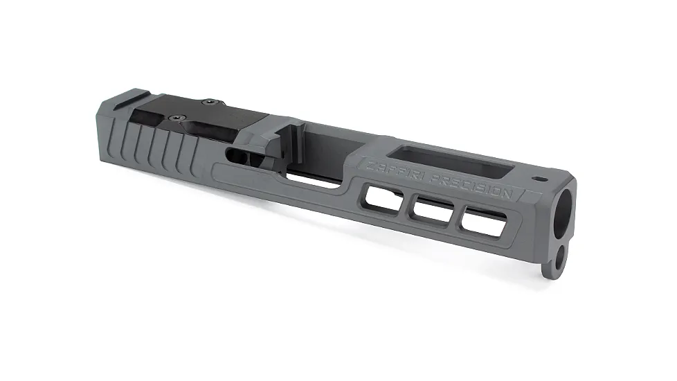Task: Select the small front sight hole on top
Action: (539, 179)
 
